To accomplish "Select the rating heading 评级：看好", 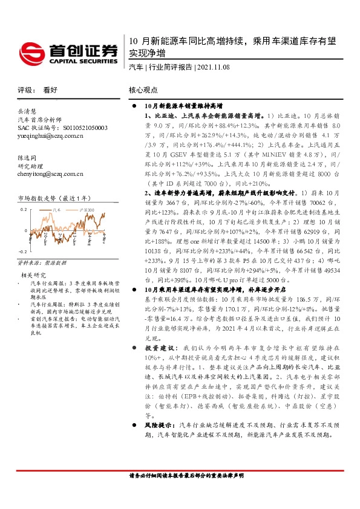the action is pos(38,89).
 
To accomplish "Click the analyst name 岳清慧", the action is pos(28,111).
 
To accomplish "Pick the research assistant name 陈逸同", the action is pos(28,157).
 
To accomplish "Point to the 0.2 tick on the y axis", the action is pos(24,209).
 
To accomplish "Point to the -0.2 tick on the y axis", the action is pos(22,250).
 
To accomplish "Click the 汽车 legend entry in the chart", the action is pos(58,209).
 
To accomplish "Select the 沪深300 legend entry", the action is pos(89,209).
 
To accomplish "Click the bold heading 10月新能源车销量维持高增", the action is pos(184,104).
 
